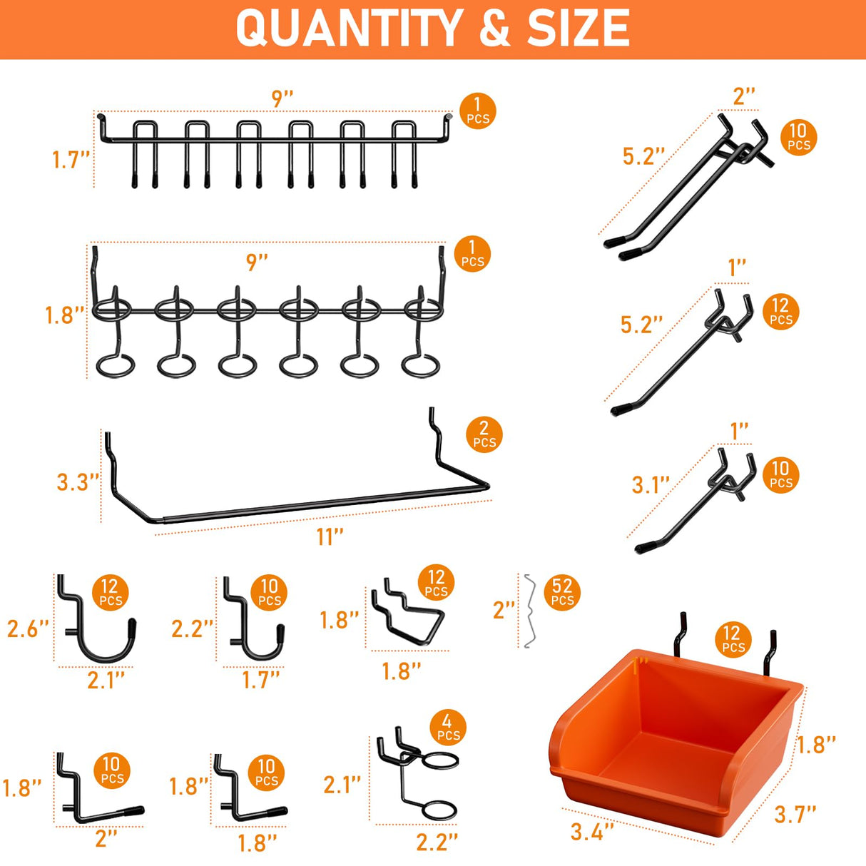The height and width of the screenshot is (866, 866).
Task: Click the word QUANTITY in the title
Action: (349, 29)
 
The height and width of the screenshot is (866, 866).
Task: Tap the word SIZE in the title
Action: (578, 29)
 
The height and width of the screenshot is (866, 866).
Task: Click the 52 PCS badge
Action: (562, 592)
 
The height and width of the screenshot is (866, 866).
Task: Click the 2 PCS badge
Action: (484, 434)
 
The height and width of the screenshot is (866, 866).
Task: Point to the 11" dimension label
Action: (330, 536)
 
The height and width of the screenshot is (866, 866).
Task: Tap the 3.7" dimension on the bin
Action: (795, 813)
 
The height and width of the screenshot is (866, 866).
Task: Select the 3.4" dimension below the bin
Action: (592, 832)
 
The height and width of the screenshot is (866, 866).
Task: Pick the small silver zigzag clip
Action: (529, 611)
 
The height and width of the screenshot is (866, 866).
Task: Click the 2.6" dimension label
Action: (28, 628)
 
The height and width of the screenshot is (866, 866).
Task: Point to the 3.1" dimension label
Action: (651, 485)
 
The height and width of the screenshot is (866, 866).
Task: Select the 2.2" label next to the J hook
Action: (192, 628)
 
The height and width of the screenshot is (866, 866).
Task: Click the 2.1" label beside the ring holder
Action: (342, 785)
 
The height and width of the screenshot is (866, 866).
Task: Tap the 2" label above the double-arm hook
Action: (743, 96)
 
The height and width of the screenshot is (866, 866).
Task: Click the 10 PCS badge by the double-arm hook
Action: (798, 137)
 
